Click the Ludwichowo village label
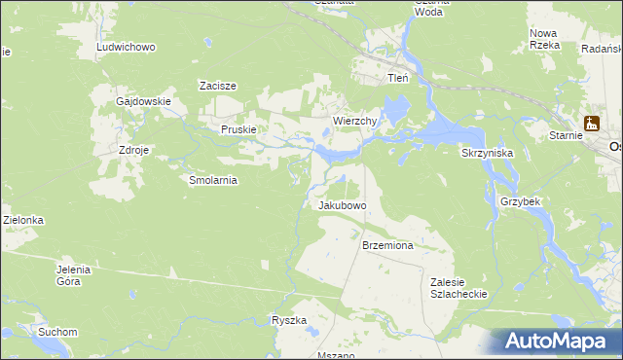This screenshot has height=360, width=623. tap(126, 47)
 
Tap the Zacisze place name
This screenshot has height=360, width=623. tap(218, 86)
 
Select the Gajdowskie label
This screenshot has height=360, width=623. tap(143, 101)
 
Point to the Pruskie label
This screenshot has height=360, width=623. tap(238, 129)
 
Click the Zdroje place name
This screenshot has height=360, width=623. tap(133, 151)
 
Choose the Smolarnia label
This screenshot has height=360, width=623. tap(213, 180)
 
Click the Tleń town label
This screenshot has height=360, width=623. tap(398, 78)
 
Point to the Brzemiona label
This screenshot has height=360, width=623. tap(387, 246)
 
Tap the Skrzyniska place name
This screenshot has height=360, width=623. tap(487, 153)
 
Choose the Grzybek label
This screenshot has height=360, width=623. tap(520, 201)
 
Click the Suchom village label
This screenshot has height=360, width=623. tap(57, 332)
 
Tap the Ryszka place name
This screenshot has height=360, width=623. tap(289, 320)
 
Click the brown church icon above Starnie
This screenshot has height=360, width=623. tap(591, 124)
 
